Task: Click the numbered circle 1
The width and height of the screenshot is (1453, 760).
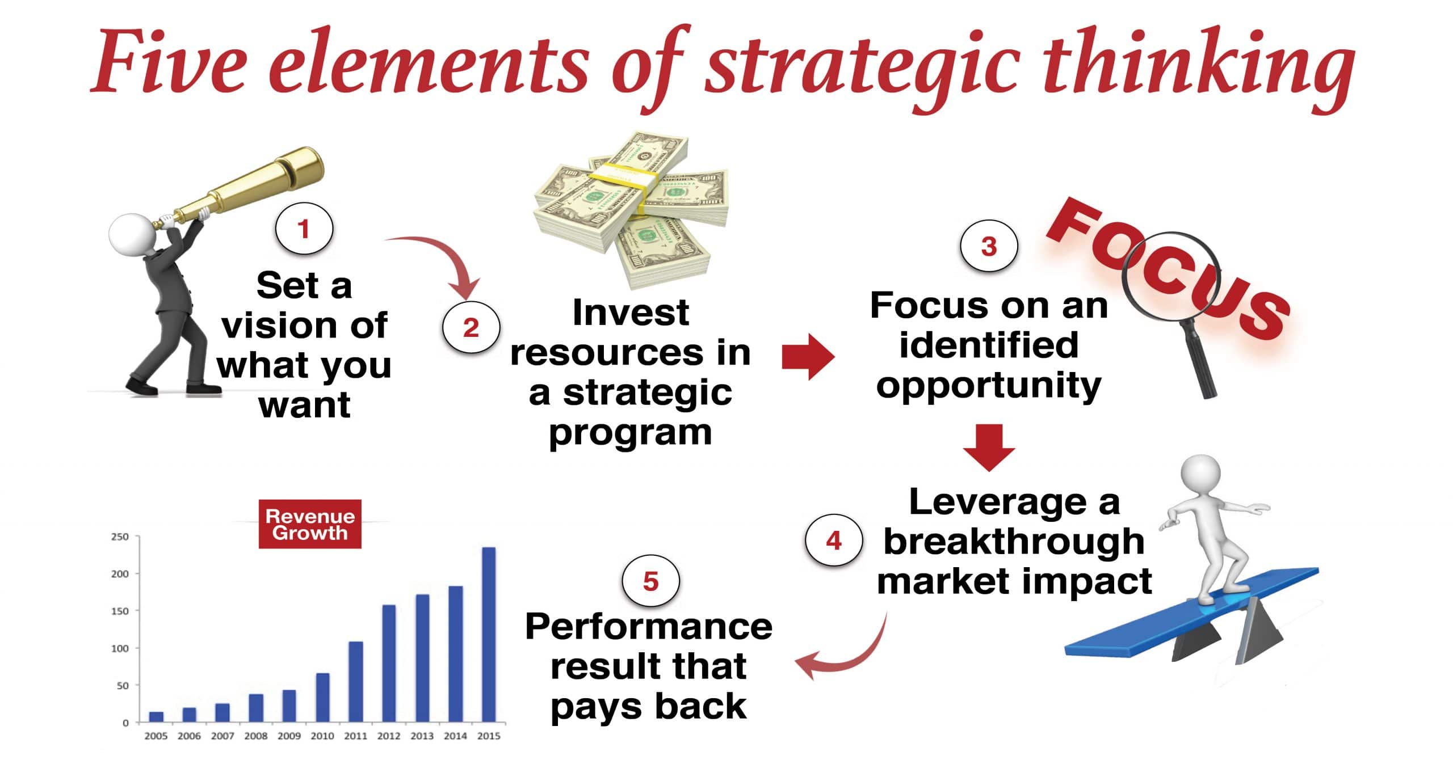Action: tap(304, 230)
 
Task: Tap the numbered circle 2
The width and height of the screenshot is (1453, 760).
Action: tap(471, 328)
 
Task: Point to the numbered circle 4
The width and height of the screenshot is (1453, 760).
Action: tap(834, 541)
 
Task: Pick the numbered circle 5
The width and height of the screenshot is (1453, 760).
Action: tap(650, 581)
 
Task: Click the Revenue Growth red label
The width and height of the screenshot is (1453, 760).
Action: tap(310, 524)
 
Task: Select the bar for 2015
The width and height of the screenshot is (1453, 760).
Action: tap(489, 635)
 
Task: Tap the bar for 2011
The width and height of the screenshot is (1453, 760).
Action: tap(356, 682)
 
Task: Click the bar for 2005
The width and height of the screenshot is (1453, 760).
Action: tap(156, 717)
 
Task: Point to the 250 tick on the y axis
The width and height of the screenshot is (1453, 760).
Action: tap(120, 537)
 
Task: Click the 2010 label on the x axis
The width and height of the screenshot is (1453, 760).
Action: tap(322, 736)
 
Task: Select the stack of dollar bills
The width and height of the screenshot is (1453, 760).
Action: tap(630, 210)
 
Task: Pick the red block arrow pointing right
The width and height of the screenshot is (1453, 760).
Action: tap(808, 357)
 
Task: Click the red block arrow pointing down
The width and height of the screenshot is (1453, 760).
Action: tap(989, 447)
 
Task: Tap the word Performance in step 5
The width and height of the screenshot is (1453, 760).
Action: tap(649, 627)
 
